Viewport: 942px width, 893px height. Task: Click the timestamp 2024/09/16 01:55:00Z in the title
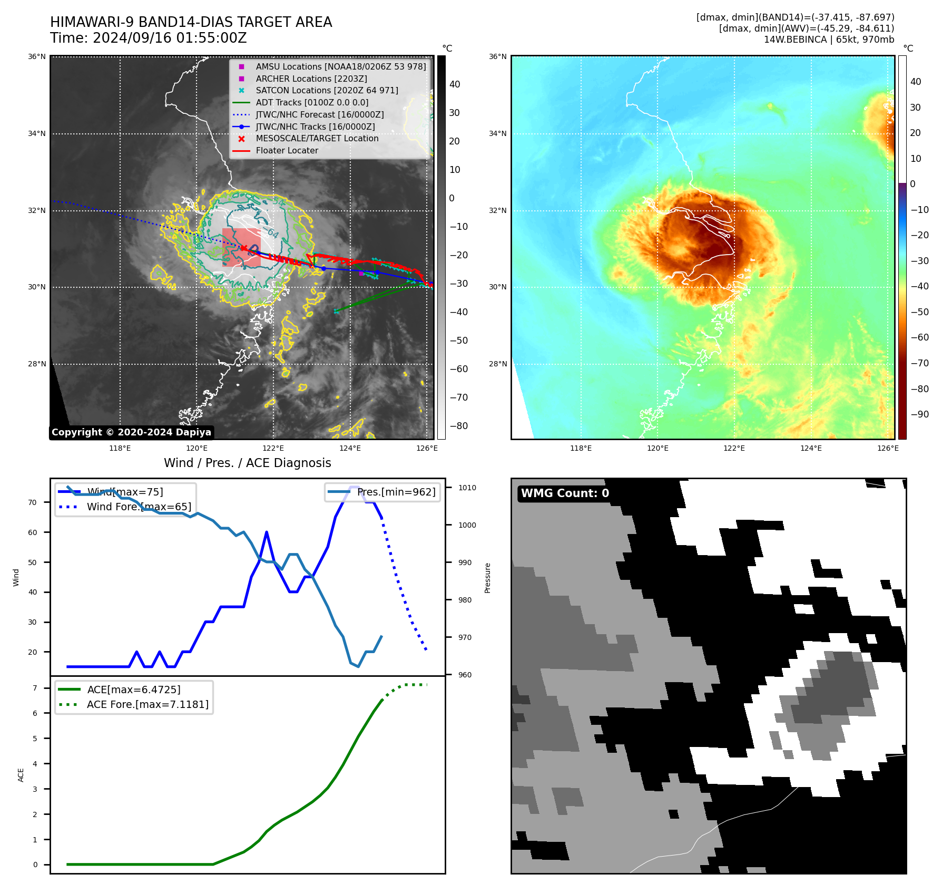[170, 38]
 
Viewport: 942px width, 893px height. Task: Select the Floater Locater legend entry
[287, 151]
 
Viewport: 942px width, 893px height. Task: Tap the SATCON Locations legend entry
[327, 91]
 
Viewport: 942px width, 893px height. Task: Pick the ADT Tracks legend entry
[312, 103]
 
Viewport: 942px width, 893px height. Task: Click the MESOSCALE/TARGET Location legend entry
[317, 139]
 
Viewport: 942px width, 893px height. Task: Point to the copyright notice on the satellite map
[131, 432]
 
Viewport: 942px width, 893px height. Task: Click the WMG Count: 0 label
[565, 493]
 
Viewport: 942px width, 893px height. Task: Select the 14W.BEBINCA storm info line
[829, 40]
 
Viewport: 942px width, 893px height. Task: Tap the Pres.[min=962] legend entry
[396, 492]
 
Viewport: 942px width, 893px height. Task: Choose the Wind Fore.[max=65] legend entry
[139, 507]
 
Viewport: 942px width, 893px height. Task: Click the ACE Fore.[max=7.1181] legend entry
[148, 705]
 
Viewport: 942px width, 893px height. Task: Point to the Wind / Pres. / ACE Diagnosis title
[247, 463]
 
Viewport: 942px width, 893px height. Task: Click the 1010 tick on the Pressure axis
[467, 488]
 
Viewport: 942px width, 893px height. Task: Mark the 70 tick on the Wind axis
[33, 503]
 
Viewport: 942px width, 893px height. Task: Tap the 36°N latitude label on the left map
[37, 57]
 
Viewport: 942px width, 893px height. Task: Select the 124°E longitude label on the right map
[811, 449]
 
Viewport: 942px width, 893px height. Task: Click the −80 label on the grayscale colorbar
[458, 426]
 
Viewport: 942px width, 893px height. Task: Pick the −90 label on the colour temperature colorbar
[919, 414]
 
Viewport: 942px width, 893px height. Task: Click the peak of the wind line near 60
[267, 532]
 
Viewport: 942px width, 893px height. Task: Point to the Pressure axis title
[488, 578]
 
